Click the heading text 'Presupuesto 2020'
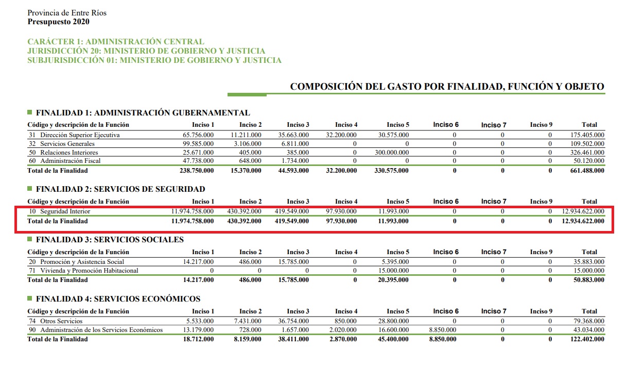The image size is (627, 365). tap(58, 22)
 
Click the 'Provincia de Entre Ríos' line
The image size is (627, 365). tap(67, 13)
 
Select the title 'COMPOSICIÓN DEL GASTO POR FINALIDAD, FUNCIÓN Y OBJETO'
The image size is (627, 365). tap(447, 87)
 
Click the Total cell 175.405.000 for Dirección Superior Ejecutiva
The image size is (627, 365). tap(587, 135)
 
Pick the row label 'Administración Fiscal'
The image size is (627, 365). tap(70, 161)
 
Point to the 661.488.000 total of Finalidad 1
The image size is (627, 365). tap(587, 171)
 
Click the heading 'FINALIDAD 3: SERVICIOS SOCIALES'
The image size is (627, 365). tap(110, 240)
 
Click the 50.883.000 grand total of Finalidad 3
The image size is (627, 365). tap(589, 280)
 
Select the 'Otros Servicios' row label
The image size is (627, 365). tap(60, 321)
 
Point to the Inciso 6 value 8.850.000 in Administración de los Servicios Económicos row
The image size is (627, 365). tap(443, 330)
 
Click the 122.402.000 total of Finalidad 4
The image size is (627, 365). tap(587, 339)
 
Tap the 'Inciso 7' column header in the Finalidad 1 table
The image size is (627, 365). tap(494, 125)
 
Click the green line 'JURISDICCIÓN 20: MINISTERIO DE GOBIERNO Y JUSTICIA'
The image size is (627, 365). tap(146, 51)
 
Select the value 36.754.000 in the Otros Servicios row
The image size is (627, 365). tap(294, 321)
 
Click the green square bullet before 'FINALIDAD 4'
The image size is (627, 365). tap(30, 298)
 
